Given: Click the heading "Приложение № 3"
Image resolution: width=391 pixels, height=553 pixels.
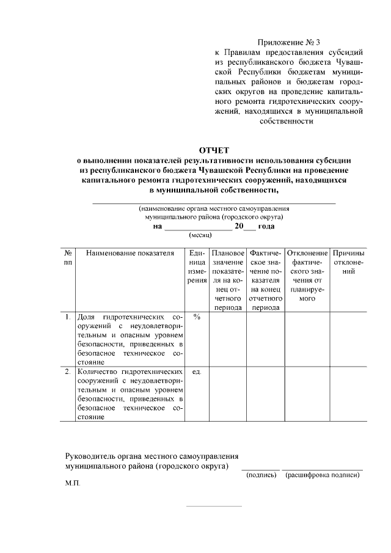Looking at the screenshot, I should [x=290, y=42].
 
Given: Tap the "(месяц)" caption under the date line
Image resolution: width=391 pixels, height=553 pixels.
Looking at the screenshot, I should [x=200, y=235].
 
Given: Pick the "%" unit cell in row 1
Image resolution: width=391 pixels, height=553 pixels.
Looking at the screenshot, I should [x=197, y=317].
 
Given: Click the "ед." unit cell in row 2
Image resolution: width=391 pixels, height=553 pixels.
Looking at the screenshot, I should [x=197, y=372].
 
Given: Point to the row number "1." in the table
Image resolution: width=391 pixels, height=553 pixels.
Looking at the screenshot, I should [x=68, y=317].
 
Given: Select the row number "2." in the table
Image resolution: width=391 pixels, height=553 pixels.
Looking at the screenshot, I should [x=68, y=372].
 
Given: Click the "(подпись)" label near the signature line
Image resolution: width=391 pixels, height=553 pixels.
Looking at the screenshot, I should [x=261, y=475].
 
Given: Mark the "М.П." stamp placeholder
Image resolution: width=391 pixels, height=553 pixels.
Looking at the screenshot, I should [x=73, y=483].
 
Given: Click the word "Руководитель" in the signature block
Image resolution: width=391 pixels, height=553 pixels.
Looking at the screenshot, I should [x=91, y=456].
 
